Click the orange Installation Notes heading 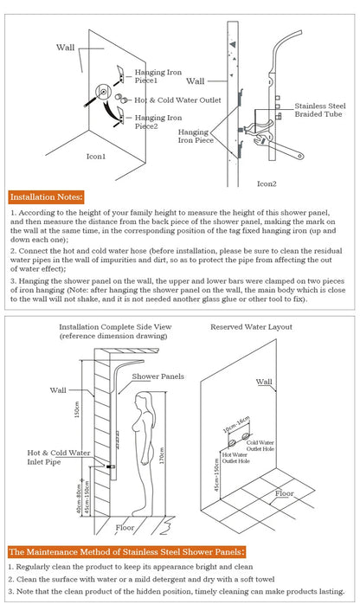click(46, 197)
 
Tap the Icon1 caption click(96, 157)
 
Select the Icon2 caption click(267, 183)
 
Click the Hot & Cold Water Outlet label click(177, 100)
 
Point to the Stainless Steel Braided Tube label click(320, 110)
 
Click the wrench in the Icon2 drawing click(278, 146)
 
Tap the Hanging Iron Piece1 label click(158, 76)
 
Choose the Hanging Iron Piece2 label click(158, 121)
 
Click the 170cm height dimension click(162, 455)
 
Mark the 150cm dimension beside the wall click(77, 409)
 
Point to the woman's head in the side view click(143, 402)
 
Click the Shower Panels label click(157, 376)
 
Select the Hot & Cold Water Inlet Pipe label click(59, 458)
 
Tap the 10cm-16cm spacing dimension click(235, 425)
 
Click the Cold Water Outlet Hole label click(260, 446)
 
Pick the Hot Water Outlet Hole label click(236, 458)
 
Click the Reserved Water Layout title click(251, 327)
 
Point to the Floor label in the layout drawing click(285, 493)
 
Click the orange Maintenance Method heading click(127, 552)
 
